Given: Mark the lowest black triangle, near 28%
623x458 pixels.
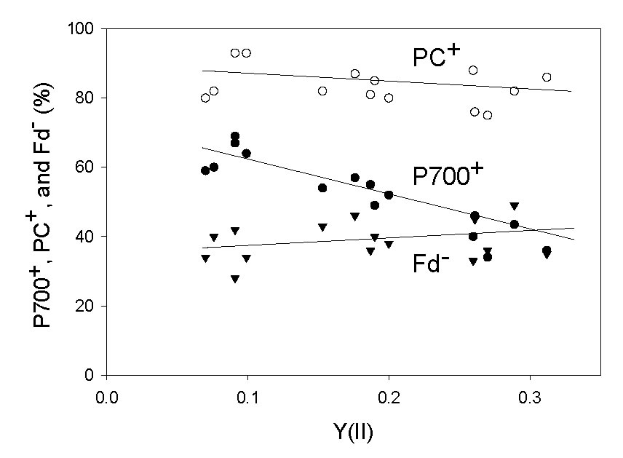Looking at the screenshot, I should pyautogui.click(x=235, y=279).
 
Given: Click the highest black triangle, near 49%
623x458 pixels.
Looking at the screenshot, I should pyautogui.click(x=514, y=206).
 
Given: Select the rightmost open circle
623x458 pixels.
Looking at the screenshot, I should pyautogui.click(x=547, y=77).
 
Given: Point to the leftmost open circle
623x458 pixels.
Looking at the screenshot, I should pyautogui.click(x=205, y=98).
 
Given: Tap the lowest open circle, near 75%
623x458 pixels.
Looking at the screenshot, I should pyautogui.click(x=488, y=115).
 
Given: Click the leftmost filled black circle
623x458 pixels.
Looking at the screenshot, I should pyautogui.click(x=205, y=170).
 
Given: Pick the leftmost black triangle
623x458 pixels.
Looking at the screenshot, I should pyautogui.click(x=205, y=258).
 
